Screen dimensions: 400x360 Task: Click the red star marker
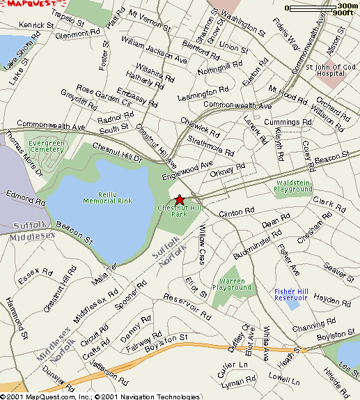click(x=180, y=200)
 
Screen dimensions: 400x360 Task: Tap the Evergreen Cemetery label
click(x=47, y=146)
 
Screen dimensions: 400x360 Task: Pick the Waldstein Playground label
click(x=293, y=185)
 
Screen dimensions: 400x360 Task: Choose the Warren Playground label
click(x=231, y=284)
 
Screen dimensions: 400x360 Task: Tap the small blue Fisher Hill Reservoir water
click(x=294, y=302)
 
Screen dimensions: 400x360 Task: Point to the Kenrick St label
click(x=36, y=25)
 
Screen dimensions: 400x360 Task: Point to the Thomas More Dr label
click(x=24, y=153)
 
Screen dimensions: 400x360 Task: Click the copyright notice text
click(x=100, y=395)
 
